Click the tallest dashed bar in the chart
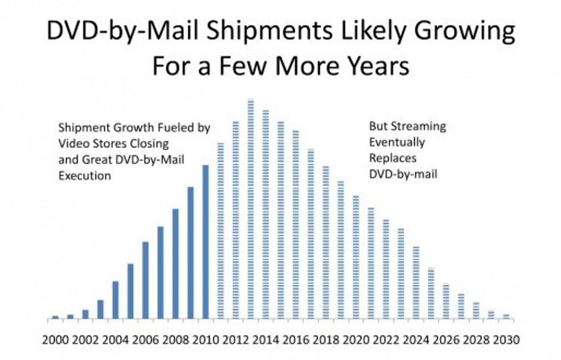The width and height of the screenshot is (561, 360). pos(251,209)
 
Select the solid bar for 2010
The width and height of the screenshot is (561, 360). pos(206,242)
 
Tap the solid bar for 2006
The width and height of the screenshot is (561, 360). pos(145,280)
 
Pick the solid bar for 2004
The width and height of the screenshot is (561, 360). pos(115,300)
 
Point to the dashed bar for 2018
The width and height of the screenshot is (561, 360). pos(326,242)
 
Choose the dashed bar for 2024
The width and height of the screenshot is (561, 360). pos(416,283)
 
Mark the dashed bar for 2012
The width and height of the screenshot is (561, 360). pos(235,220)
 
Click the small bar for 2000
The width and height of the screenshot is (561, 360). pos(55,318)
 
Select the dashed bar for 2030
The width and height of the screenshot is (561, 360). pos(506,317)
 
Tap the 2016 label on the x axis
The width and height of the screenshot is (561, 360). pos(295,339)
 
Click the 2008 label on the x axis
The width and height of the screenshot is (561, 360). pos(175,339)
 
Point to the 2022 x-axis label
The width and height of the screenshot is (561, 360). pos(386,339)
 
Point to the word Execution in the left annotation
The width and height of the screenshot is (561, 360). pos(85,176)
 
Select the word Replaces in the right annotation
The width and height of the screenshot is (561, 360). pos(393,159)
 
